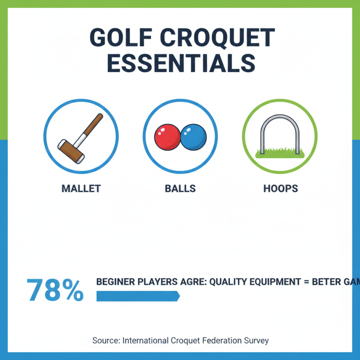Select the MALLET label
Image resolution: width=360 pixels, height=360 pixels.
(x=81, y=188)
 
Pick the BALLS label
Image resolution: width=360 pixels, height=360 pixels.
(x=180, y=188)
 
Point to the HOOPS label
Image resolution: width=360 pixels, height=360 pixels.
(x=280, y=188)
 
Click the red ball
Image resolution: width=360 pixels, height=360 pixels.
(x=167, y=137)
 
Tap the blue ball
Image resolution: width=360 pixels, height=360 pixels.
(x=193, y=137)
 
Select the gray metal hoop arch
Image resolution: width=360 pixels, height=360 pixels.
(x=279, y=118)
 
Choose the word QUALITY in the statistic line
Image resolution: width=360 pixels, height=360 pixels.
(x=233, y=282)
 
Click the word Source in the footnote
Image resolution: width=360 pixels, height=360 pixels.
(x=106, y=340)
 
